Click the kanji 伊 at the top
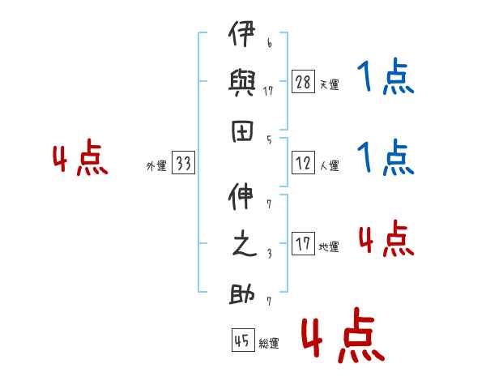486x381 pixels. pos(241,33)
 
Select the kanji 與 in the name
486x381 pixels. pos(241,83)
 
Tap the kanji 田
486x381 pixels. pos(242,131)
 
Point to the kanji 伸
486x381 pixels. pos(241,196)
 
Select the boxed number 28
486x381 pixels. pos(303,81)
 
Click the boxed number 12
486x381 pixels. pos(303,162)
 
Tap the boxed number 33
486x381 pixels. pos(183,162)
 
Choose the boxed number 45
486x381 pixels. pos(243,340)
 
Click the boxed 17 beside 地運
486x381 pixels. pos(303,243)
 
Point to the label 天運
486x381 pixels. pos(329,84)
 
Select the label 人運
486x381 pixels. pos(329,165)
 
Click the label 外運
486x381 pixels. pos(156,165)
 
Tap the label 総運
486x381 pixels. pos(269,343)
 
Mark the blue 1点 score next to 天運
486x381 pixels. pos(386,75)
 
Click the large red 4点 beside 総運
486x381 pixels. pos(343,335)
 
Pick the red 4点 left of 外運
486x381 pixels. pos(80,157)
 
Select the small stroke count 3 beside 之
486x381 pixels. pos(270,254)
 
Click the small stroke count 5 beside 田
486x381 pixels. pos(269,140)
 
